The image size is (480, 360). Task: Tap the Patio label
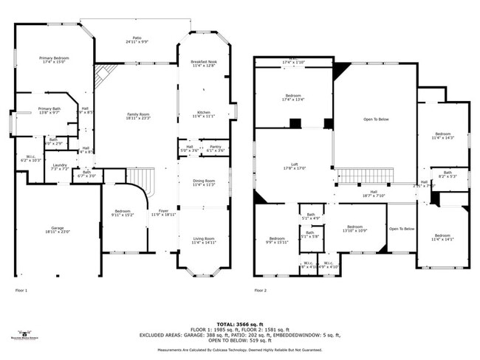tap(137, 39)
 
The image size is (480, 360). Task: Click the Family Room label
tap(138, 116)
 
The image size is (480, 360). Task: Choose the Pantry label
tap(215, 148)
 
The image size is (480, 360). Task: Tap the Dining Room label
tap(203, 182)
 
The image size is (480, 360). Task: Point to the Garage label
tap(57, 229)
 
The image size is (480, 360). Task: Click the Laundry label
tap(60, 167)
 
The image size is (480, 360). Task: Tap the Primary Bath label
tap(49, 111)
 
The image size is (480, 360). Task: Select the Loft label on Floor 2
tap(293, 166)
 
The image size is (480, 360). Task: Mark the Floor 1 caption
tap(21, 291)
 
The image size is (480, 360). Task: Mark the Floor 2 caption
tap(260, 291)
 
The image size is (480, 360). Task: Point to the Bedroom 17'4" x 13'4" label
tap(293, 97)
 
